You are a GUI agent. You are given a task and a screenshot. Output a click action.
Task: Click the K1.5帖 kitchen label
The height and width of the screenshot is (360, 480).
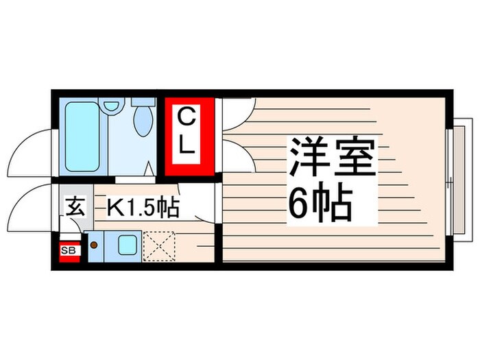click(142, 206)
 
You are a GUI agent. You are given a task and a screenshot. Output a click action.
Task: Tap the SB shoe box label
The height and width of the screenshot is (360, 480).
click(69, 251)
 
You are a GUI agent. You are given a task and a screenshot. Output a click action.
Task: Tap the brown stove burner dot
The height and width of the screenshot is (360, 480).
click(93, 243)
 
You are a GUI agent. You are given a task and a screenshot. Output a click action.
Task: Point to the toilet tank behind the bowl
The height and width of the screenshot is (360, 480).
click(142, 102)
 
